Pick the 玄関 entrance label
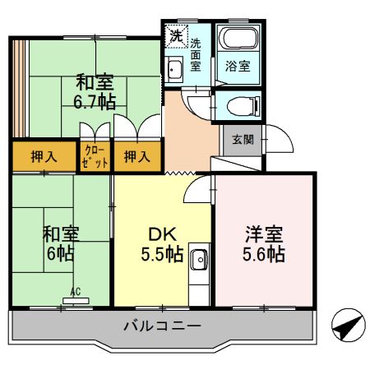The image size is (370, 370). coord(243,139)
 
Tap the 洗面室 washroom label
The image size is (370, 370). coord(197,54)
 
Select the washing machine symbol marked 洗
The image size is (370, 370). coord(175,35)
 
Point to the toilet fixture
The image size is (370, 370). coord(239,106)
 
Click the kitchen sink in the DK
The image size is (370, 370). coord(199,262)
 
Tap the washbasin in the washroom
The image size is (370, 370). coord(173,67)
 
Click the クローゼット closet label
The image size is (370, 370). coord(95,155)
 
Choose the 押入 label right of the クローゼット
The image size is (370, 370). coord(136,155)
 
